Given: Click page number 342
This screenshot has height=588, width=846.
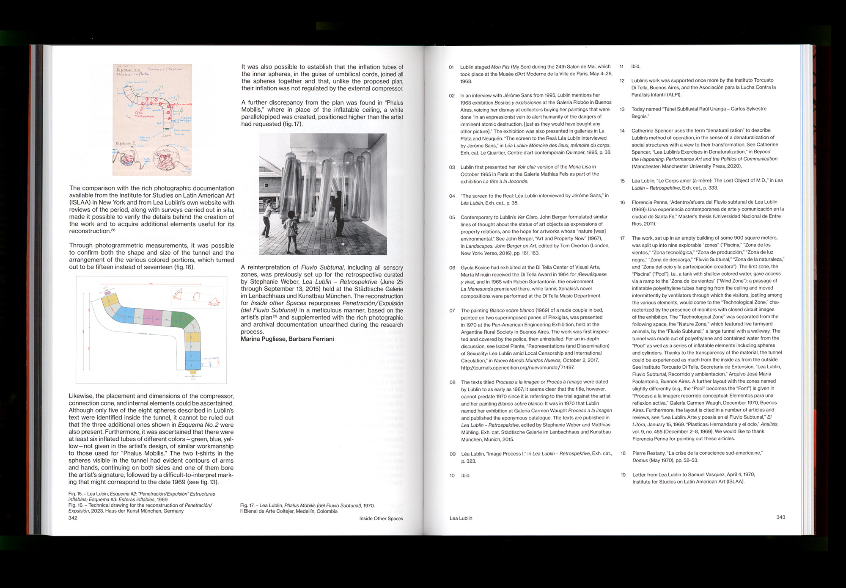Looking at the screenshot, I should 73,518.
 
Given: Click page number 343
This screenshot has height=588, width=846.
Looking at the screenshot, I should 780,517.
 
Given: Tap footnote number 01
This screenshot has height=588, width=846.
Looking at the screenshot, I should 451,67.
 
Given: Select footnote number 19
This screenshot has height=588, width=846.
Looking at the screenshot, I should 623,475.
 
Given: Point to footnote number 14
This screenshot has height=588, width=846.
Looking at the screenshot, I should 622,130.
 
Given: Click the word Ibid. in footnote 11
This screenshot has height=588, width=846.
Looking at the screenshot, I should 636,66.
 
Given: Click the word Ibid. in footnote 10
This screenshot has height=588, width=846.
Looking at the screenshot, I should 465,475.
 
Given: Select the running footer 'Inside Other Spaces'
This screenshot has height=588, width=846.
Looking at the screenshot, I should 381,518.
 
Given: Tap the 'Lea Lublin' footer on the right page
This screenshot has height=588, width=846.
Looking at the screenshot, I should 461,518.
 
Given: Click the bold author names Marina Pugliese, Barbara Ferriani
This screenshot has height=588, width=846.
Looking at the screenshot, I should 287,339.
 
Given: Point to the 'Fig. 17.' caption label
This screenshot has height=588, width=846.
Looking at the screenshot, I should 247,505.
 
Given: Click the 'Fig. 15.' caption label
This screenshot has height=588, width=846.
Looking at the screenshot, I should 75,494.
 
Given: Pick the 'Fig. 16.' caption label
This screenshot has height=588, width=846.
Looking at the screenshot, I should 75,505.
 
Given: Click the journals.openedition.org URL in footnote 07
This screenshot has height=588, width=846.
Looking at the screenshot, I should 517,367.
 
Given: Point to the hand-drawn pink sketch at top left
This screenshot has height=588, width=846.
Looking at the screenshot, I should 152,120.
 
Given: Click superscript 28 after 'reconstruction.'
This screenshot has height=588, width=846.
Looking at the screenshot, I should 113,230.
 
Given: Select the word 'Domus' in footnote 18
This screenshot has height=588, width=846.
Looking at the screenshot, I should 640,461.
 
